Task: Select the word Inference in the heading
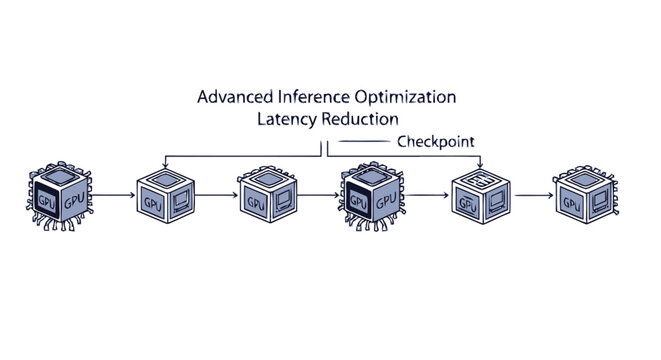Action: [310, 98]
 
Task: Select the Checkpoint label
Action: [436, 142]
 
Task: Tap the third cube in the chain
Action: [267, 195]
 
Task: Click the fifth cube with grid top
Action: [478, 195]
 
